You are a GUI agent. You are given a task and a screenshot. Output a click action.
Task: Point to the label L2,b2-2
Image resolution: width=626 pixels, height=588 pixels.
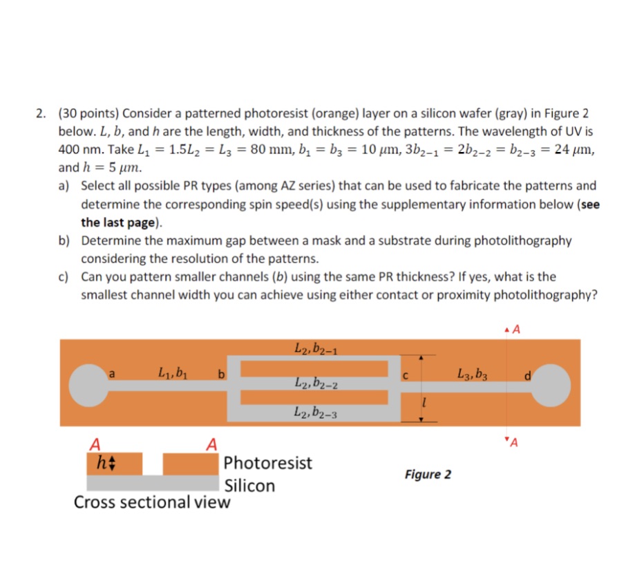point(314,382)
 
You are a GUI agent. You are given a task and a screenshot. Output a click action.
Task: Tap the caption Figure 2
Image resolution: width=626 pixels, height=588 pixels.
point(428,474)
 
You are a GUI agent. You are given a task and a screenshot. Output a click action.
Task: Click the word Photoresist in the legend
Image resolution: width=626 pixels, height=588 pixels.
point(268,462)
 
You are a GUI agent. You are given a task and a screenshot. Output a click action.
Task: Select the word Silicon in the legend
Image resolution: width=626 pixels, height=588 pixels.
point(249,486)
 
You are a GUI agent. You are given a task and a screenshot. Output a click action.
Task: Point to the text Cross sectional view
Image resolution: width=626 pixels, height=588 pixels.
point(152,502)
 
